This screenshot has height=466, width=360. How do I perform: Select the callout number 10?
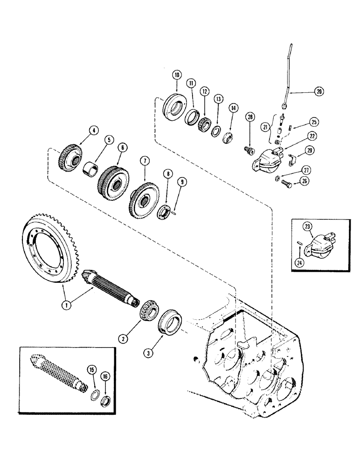[x=176, y=75]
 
